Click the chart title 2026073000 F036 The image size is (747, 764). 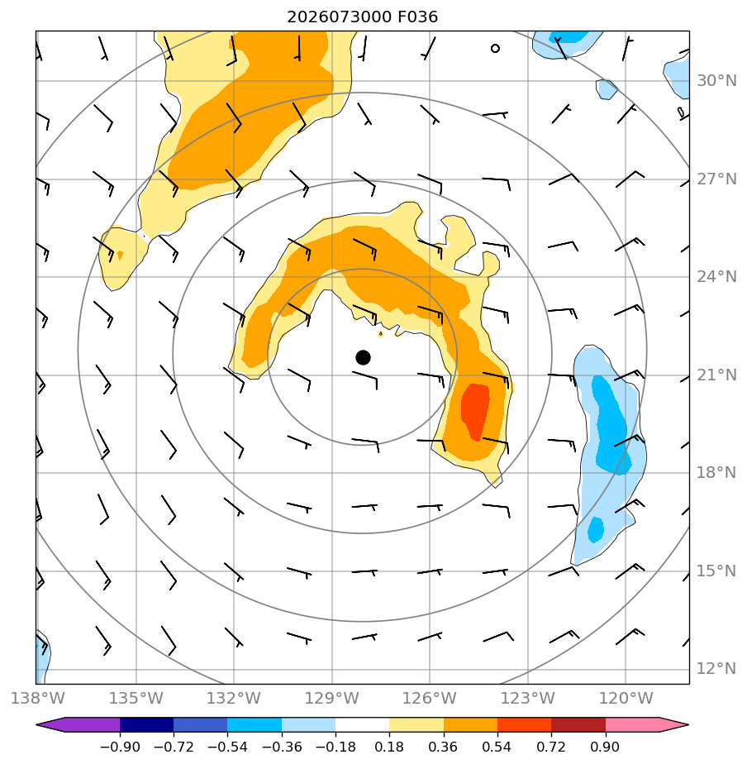tap(362, 17)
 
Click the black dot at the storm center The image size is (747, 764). tap(363, 358)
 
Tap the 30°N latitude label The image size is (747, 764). tap(716, 81)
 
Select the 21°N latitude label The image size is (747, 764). tap(716, 375)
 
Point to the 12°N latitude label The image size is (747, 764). tap(716, 668)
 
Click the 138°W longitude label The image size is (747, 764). tap(37, 698)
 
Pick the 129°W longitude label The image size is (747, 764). tap(331, 698)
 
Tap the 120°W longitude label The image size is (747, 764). tap(626, 698)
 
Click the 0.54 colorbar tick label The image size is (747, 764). tap(497, 747)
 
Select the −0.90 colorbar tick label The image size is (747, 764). tap(120, 747)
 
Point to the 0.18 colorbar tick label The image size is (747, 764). tap(389, 747)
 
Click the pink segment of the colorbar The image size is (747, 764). tap(633, 724)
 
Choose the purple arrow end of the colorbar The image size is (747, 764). tap(54, 724)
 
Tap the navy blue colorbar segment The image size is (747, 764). tap(146, 724)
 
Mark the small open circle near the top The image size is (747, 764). tap(495, 48)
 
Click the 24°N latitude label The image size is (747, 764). tap(716, 277)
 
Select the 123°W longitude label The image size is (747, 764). tap(528, 698)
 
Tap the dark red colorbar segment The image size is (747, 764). tap(578, 724)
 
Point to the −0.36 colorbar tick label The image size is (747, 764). tap(282, 747)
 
